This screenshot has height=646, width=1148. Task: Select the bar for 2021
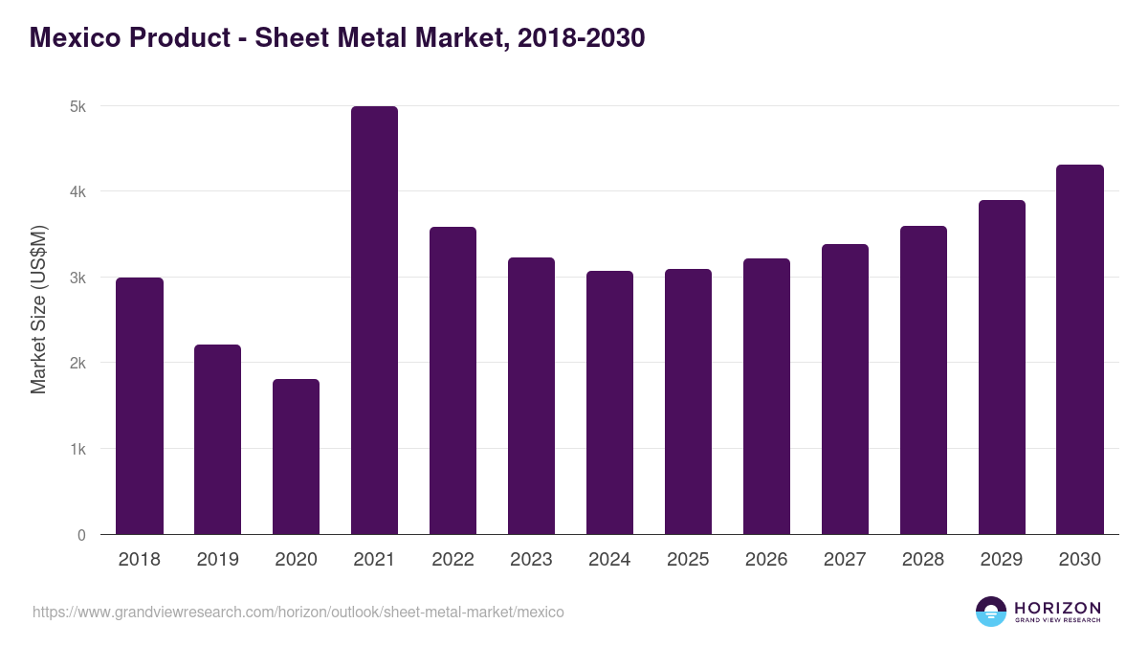tap(374, 321)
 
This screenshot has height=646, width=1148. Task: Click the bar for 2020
tap(296, 457)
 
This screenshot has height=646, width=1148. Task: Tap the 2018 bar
tap(140, 406)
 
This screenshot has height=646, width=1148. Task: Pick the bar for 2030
tap(1080, 349)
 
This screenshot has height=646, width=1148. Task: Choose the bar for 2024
tap(609, 402)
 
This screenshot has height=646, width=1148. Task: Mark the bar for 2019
tap(217, 439)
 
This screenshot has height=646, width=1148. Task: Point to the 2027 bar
tap(845, 389)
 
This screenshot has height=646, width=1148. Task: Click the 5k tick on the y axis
tap(77, 106)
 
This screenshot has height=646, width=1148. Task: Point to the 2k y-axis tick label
tap(77, 364)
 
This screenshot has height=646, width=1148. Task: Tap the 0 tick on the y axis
tap(81, 535)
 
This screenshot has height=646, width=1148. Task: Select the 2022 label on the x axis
tap(453, 560)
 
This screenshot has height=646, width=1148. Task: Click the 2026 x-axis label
tap(766, 560)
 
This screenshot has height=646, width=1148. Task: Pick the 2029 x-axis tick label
tap(1002, 560)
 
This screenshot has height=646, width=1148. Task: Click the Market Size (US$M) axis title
tap(39, 308)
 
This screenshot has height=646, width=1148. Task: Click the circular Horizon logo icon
tap(991, 612)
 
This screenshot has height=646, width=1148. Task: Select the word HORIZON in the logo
tap(1057, 608)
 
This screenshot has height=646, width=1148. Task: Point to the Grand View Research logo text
tap(1057, 620)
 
